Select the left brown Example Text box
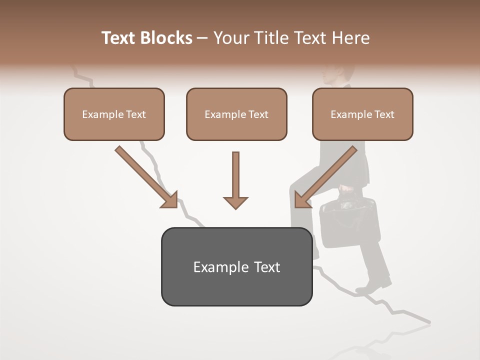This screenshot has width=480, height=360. (114, 114)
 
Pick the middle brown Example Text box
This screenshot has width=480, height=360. (236, 114)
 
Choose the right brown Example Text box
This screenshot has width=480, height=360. (362, 114)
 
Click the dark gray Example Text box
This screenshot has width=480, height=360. (236, 267)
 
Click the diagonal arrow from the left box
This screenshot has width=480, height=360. (145, 176)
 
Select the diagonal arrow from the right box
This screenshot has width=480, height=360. (326, 176)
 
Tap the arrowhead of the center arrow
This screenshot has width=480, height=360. (235, 202)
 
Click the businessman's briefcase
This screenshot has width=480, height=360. (349, 222)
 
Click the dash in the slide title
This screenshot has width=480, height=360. (202, 38)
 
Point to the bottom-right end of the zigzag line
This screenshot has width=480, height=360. (429, 322)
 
